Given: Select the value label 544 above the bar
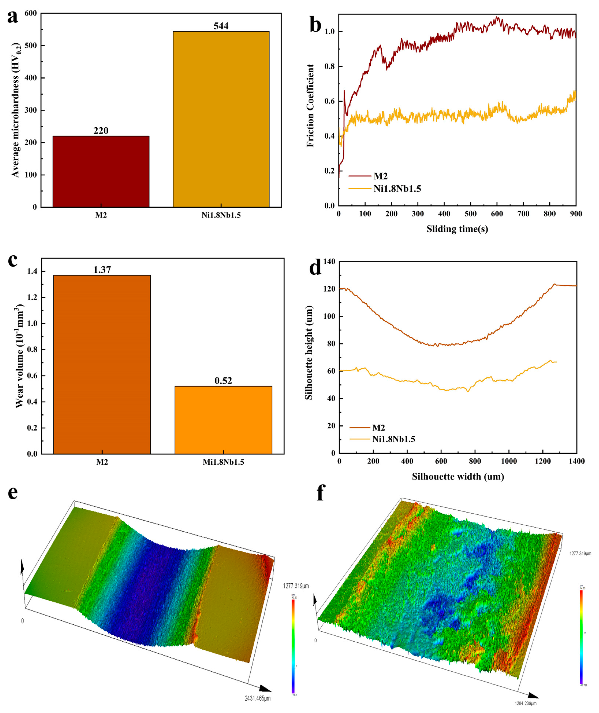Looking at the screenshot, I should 221,26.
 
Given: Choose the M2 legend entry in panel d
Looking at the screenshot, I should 378,428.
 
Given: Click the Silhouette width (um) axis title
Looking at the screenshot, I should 458,476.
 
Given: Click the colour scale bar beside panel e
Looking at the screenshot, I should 293,645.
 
